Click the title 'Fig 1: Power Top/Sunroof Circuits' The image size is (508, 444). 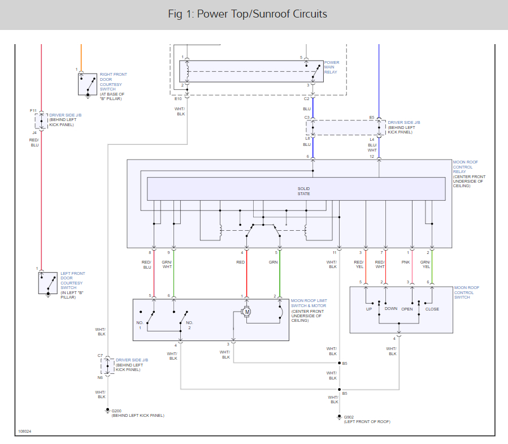point(248,14)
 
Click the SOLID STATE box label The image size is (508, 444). point(304,191)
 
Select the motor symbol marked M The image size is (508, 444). point(246,312)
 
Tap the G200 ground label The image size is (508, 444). point(116,411)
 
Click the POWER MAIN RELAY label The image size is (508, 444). point(332,67)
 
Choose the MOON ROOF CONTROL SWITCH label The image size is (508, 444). point(466,292)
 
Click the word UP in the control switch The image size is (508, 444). point(369,309)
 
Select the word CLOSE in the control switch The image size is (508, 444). point(432,309)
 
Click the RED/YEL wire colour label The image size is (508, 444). point(359,264)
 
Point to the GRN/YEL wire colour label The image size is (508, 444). point(425,264)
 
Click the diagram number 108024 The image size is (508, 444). point(24,431)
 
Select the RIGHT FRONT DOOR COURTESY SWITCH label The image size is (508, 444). point(113,87)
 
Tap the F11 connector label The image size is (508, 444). point(33,111)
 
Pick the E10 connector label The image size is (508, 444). point(178,98)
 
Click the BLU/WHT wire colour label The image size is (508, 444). point(372,148)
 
